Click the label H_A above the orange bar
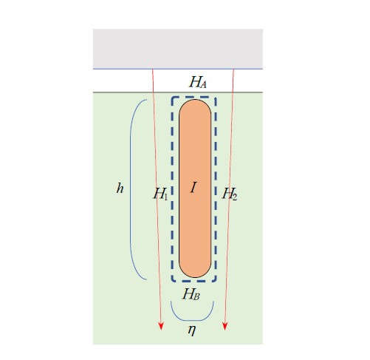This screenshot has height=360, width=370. click(x=198, y=82)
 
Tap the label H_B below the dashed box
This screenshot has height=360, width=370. click(x=191, y=293)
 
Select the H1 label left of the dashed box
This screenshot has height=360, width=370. click(x=160, y=194)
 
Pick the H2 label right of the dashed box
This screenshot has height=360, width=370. click(x=230, y=194)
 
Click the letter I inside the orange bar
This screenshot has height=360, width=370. click(x=193, y=188)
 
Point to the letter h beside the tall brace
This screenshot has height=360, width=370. click(x=120, y=189)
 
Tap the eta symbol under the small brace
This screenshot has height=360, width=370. click(x=192, y=330)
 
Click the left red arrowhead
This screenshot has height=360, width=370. click(x=161, y=326)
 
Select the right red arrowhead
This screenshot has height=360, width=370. click(x=225, y=326)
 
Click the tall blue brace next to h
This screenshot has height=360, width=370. click(x=130, y=190)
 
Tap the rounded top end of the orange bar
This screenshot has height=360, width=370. click(x=195, y=100)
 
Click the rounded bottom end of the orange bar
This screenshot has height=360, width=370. click(x=195, y=277)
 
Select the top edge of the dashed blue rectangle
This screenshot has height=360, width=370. click(x=194, y=98)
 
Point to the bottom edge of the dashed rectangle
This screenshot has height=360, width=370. click(x=194, y=281)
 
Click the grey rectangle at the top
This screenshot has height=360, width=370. click(x=178, y=49)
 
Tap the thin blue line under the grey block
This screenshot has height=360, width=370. click(x=178, y=69)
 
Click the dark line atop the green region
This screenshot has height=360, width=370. click(x=178, y=92)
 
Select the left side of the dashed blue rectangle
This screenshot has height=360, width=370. click(x=172, y=189)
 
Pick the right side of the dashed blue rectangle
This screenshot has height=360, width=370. click(x=216, y=189)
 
